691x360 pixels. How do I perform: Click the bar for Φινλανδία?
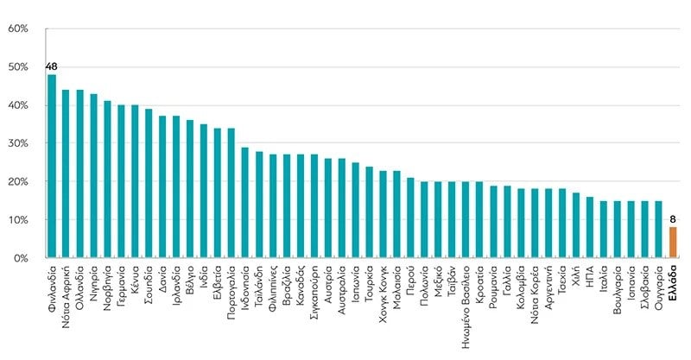[52, 166]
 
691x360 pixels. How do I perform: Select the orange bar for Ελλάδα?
[673, 243]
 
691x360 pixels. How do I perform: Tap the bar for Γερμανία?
[121, 181]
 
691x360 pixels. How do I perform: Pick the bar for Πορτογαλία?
[231, 193]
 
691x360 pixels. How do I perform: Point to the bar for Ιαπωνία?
[356, 210]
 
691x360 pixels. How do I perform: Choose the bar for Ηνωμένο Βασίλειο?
[466, 219]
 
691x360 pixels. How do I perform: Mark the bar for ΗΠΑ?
[590, 227]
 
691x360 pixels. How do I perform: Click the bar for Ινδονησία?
[245, 202]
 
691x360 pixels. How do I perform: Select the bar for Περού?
[411, 218]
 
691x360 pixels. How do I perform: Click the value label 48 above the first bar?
[52, 67]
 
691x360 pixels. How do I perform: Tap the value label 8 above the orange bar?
[673, 219]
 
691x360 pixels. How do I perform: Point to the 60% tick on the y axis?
[18, 28]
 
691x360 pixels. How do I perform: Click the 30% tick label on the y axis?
[18, 143]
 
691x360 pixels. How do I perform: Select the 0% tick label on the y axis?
[21, 258]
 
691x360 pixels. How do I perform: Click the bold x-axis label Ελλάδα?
[673, 282]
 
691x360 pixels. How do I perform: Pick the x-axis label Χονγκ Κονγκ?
[383, 294]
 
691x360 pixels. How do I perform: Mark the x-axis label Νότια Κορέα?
[535, 294]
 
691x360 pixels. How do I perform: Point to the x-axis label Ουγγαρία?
[659, 287]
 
